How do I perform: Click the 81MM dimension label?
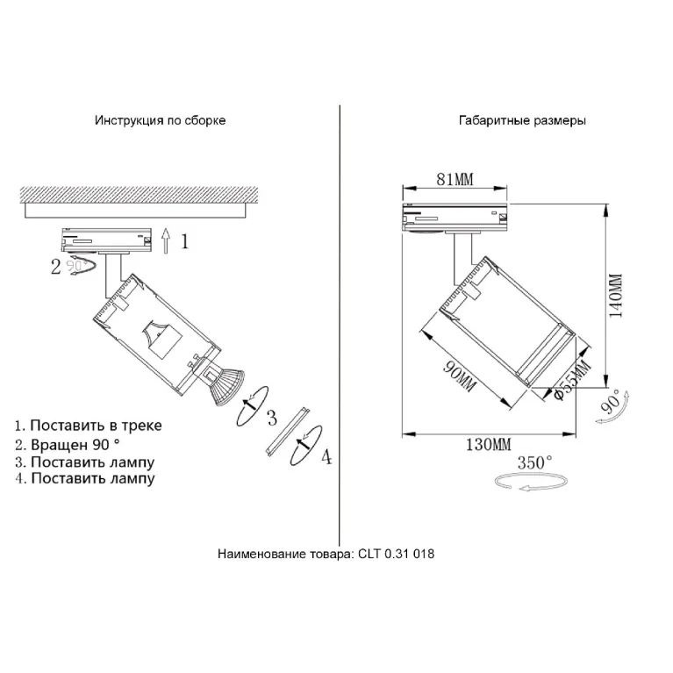click(x=455, y=179)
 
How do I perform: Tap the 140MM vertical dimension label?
click(x=616, y=296)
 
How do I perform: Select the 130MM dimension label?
click(x=489, y=444)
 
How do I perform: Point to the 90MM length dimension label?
click(x=459, y=376)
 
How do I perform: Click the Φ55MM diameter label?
click(x=572, y=380)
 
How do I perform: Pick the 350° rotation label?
click(x=534, y=462)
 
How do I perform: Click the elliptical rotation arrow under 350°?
click(x=531, y=481)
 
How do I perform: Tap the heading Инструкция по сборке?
click(x=160, y=120)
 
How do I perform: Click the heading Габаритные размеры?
click(x=522, y=120)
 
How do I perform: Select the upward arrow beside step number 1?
click(x=166, y=240)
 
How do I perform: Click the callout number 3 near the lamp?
click(x=272, y=418)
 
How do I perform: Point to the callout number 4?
click(x=327, y=456)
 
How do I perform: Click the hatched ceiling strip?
click(x=140, y=195)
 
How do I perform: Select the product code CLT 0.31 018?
click(x=396, y=554)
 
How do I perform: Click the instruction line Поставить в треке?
click(x=89, y=426)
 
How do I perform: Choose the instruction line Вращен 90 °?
click(x=68, y=445)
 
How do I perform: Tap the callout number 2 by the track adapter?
click(x=56, y=267)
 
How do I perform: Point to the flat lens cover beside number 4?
click(x=287, y=431)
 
